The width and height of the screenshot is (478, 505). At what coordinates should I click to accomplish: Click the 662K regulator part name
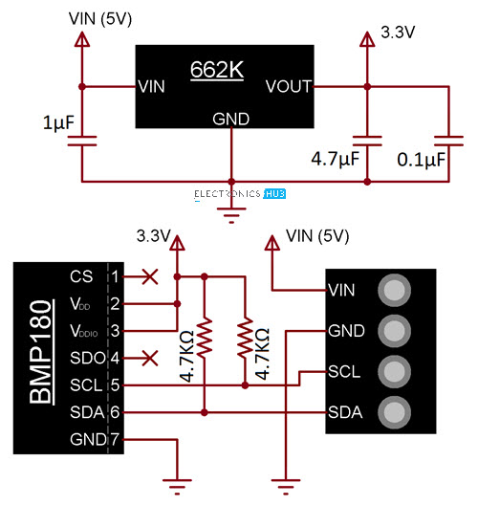(x=217, y=69)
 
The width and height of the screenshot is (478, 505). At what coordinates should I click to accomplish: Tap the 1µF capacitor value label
(x=58, y=123)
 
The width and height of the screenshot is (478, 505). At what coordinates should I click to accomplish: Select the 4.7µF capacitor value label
(x=336, y=159)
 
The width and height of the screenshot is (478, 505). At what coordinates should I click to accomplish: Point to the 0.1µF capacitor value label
(x=421, y=160)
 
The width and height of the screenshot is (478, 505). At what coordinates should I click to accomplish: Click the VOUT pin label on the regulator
(x=289, y=86)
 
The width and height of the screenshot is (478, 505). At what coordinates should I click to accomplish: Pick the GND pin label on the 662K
(x=230, y=120)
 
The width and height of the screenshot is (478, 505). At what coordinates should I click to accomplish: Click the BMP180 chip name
(x=40, y=352)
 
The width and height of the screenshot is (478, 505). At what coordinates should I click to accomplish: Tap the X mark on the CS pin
(x=150, y=276)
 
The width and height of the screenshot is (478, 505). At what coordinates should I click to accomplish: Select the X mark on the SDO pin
(x=150, y=358)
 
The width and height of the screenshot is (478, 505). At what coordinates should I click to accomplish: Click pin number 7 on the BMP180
(x=115, y=439)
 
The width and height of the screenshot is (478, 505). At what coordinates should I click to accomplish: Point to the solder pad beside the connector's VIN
(x=394, y=290)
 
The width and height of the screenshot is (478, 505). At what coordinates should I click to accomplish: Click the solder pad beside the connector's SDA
(x=394, y=412)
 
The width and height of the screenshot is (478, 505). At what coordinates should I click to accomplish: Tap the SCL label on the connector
(x=344, y=372)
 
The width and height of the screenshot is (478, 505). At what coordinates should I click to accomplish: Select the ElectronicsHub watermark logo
(x=240, y=194)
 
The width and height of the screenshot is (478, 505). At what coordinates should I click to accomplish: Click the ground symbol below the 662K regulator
(x=231, y=215)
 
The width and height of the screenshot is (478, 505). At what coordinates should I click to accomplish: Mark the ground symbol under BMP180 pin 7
(x=177, y=487)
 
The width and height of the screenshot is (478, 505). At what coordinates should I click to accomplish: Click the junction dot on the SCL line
(x=245, y=385)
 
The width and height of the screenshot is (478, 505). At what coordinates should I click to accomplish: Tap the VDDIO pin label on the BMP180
(x=84, y=331)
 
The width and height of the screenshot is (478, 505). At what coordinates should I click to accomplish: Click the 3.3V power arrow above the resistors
(x=177, y=243)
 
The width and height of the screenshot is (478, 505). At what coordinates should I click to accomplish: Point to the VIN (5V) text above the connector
(x=317, y=236)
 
